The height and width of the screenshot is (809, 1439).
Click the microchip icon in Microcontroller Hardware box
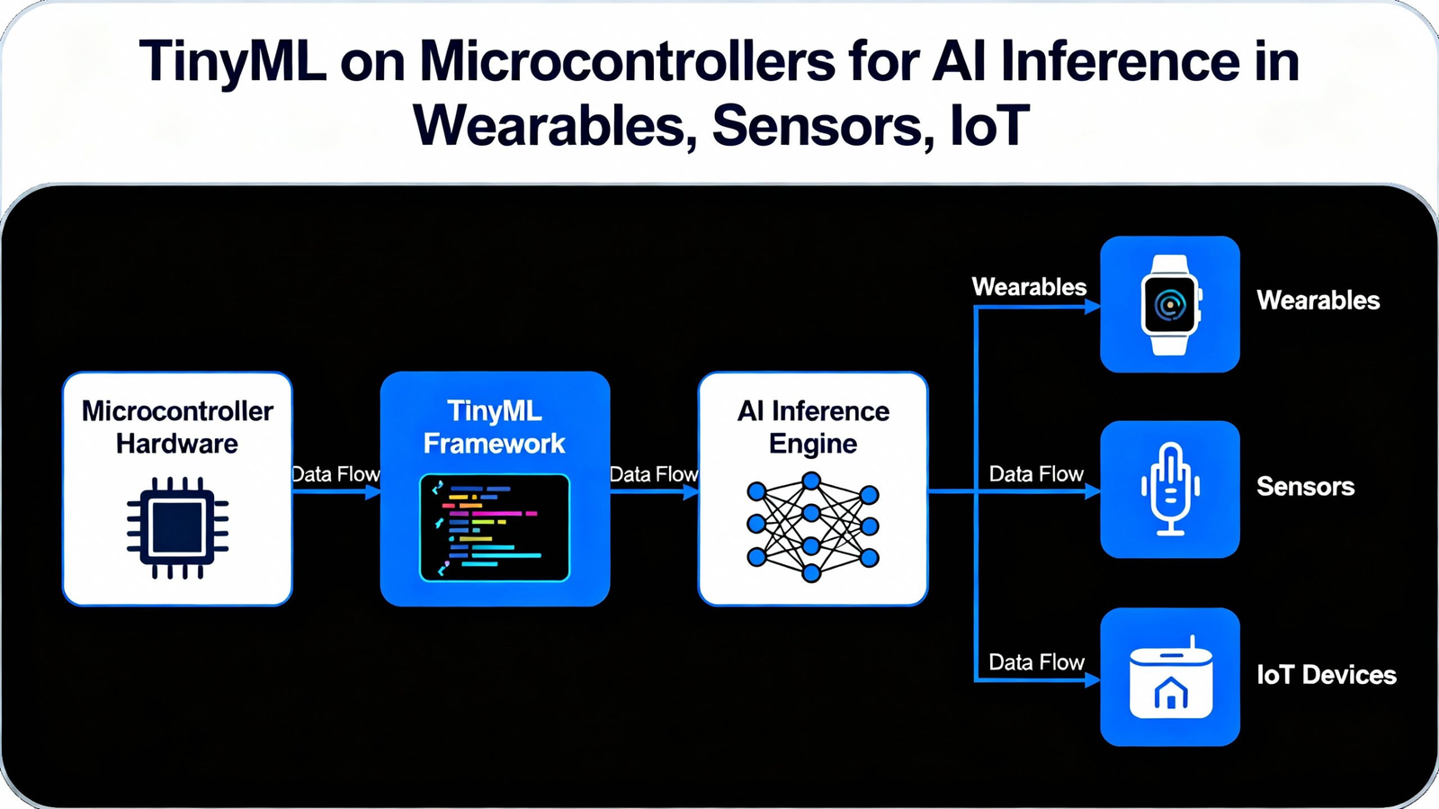pos(177,527)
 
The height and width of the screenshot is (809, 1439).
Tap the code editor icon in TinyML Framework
pos(495,527)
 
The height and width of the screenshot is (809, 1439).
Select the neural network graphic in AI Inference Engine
pos(812,526)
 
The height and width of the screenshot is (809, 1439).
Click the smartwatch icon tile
pos(1169,304)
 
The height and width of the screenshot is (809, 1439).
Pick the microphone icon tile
pos(1169,489)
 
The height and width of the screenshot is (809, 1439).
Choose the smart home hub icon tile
pos(1169,677)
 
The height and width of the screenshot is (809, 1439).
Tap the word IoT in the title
pos(988,125)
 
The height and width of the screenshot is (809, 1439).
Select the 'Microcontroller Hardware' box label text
pos(177,427)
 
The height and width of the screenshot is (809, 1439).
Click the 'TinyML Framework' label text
pos(495,427)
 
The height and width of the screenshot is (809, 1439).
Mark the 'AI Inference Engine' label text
pos(813,427)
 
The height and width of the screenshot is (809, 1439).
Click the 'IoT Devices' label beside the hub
pos(1326,675)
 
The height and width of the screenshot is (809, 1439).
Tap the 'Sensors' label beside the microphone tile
pos(1305,487)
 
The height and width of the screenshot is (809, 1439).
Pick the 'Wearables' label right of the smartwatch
pos(1318,301)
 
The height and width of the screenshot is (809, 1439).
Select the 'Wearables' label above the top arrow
pos(1029,287)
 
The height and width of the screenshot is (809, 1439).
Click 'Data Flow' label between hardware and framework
pos(335,474)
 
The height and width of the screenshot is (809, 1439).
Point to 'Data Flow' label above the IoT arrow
pos(1036,662)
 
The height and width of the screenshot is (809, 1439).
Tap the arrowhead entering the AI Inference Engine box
pos(691,492)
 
